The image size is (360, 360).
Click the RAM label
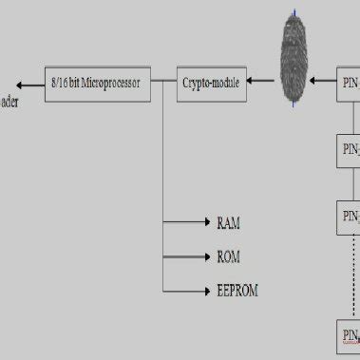click(228, 223)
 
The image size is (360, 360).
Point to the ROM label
click(228, 256)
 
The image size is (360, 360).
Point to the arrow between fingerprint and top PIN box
click(328, 83)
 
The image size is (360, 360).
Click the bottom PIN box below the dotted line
click(350, 334)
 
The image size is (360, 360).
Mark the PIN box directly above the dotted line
click(350, 215)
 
